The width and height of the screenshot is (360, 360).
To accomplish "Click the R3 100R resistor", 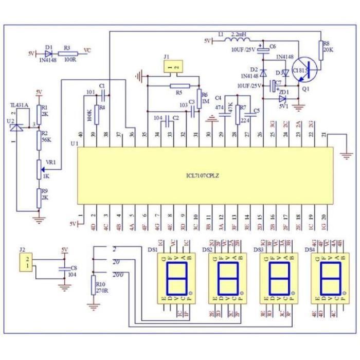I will [x=70, y=53].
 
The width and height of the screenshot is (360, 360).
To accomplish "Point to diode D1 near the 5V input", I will [x=49, y=53].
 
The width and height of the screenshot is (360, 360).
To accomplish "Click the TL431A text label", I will [x=19, y=106].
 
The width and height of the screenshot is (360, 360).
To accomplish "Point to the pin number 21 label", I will [x=323, y=135].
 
